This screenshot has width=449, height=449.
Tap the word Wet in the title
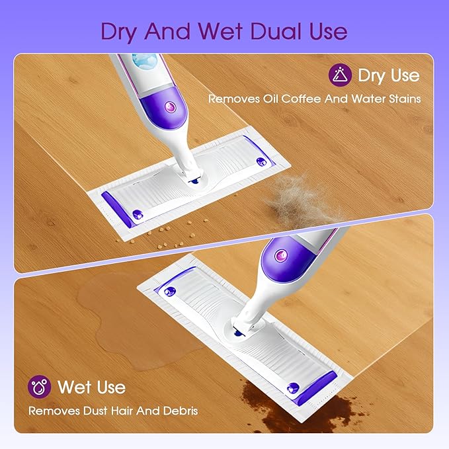pos(212,30)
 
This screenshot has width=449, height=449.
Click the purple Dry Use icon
pos(340,75)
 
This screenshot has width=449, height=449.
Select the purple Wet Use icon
pos(40,387)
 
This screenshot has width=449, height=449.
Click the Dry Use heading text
pos(388,75)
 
